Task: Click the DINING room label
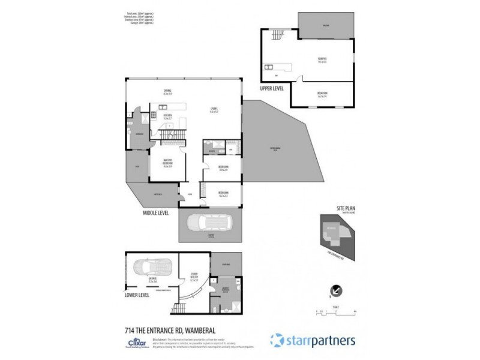coord(168,91)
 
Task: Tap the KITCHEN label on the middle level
coord(168,116)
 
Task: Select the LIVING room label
coord(214,110)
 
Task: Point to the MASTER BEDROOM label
coord(168,161)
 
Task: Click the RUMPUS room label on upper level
coord(322,59)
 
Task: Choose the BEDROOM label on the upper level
coord(322,94)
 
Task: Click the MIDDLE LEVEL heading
coord(156,212)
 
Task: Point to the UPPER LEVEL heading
coord(271,88)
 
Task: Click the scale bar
coord(336,311)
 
